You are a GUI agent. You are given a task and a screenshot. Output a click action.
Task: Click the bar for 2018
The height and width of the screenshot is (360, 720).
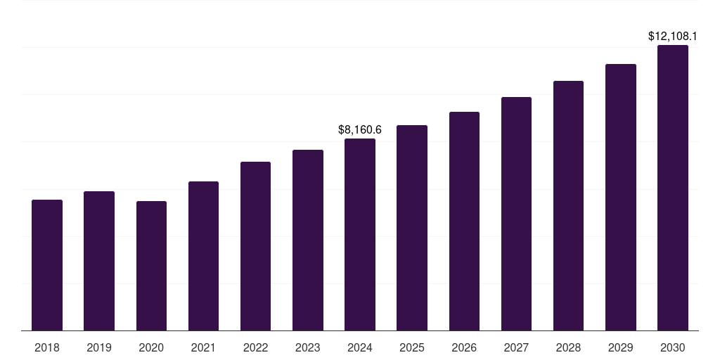47,265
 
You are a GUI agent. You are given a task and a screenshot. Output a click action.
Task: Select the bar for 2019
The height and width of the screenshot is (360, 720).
99,261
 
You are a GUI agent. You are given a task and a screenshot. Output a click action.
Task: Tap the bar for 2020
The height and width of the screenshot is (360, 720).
151,266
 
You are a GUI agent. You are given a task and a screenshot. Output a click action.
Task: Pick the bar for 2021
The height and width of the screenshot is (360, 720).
203,256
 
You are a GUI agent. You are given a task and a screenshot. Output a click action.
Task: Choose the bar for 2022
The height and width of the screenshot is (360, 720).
255,246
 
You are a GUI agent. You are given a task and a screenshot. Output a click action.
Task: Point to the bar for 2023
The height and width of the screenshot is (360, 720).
308,240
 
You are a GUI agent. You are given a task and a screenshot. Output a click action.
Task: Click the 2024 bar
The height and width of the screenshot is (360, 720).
360,234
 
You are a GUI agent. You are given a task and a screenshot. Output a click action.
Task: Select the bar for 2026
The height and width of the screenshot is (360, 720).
464,221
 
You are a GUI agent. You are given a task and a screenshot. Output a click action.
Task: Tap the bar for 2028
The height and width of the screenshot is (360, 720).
568,205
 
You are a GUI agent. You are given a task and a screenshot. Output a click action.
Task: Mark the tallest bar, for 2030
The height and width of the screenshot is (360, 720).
673,188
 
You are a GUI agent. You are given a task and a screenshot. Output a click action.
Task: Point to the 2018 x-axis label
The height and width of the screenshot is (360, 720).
47,347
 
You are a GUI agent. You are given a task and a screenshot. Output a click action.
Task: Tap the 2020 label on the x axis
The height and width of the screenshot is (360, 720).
151,347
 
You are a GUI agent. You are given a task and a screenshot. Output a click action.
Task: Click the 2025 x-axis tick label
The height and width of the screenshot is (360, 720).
412,347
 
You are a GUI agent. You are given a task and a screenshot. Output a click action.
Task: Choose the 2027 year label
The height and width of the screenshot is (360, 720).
516,347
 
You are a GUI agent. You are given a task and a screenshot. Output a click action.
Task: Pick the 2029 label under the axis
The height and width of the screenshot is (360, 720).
620,347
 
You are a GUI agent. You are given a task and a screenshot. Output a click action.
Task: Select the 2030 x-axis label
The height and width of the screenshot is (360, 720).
673,347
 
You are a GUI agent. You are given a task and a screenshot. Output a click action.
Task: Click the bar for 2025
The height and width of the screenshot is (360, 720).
412,228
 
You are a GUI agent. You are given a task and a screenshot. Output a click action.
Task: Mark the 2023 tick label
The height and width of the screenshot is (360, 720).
308,347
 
